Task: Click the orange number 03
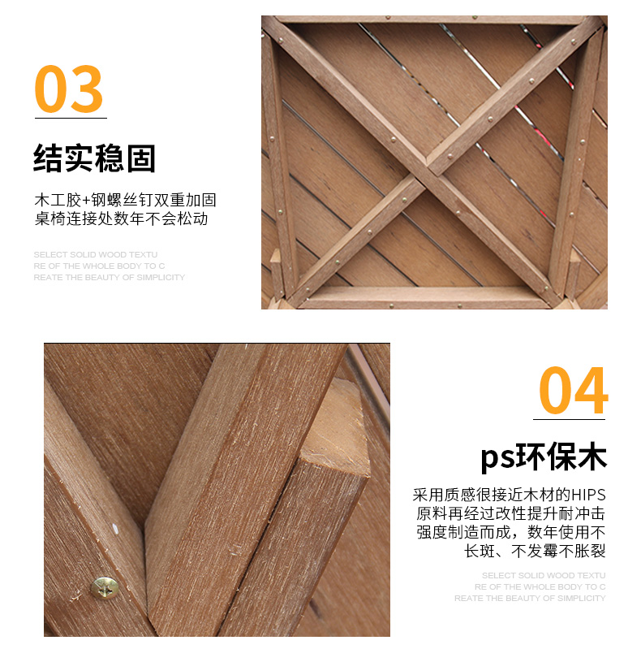(x=69, y=89)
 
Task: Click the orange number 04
(x=573, y=390)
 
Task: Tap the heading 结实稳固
(x=94, y=158)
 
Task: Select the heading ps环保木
(x=544, y=457)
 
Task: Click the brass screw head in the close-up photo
(x=104, y=587)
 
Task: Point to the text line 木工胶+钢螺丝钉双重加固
(x=125, y=200)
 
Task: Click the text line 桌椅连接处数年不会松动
(x=121, y=218)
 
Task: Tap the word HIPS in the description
(x=588, y=495)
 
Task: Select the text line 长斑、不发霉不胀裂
(x=535, y=551)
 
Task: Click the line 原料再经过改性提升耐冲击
(x=510, y=513)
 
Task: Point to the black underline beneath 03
(x=71, y=118)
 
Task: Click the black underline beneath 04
(x=569, y=419)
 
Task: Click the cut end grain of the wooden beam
(x=335, y=427)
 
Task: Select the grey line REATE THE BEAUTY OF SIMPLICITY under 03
(x=110, y=277)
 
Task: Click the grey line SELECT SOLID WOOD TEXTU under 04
(x=544, y=575)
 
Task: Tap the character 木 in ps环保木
(x=592, y=457)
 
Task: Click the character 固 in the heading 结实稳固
(x=141, y=158)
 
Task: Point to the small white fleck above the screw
(x=114, y=529)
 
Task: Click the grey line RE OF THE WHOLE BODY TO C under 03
(x=99, y=266)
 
